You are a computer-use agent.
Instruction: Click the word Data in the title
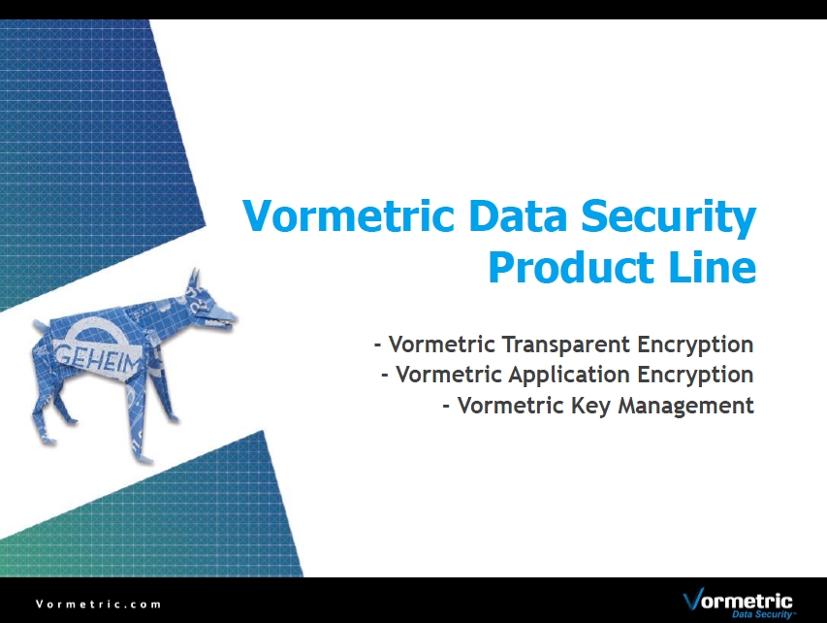click(518, 216)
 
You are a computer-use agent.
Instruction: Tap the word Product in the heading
click(571, 268)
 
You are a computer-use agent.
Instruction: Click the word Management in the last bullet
click(685, 406)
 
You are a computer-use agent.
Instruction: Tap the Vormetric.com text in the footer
click(99, 604)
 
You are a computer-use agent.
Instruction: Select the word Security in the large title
click(669, 217)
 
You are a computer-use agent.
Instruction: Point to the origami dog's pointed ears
click(194, 279)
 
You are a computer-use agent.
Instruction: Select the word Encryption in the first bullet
click(695, 344)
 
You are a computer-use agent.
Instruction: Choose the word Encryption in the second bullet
click(695, 376)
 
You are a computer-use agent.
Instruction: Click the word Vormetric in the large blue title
click(348, 216)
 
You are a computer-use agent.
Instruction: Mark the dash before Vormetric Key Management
click(446, 407)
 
